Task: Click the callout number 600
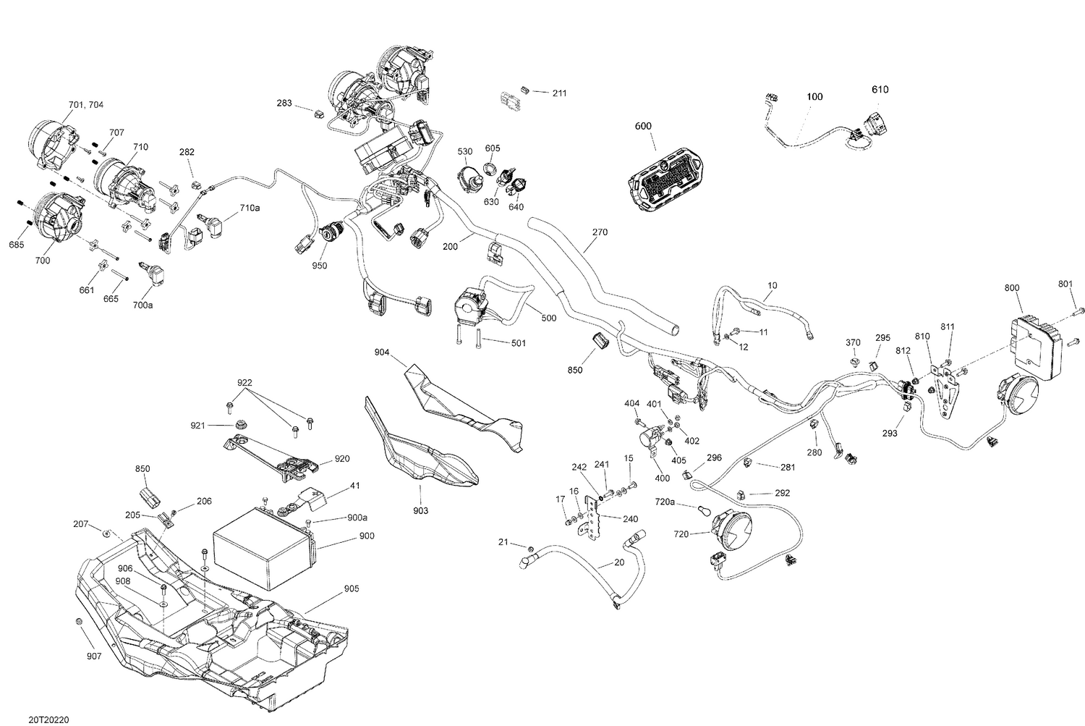pos(643,126)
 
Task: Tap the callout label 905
pos(352,588)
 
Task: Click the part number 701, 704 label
pos(85,105)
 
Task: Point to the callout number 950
pos(319,266)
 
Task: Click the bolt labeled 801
pos(1078,311)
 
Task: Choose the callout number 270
pos(600,232)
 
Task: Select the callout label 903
pos(420,511)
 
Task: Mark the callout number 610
pos(880,90)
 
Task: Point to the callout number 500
pos(548,318)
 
